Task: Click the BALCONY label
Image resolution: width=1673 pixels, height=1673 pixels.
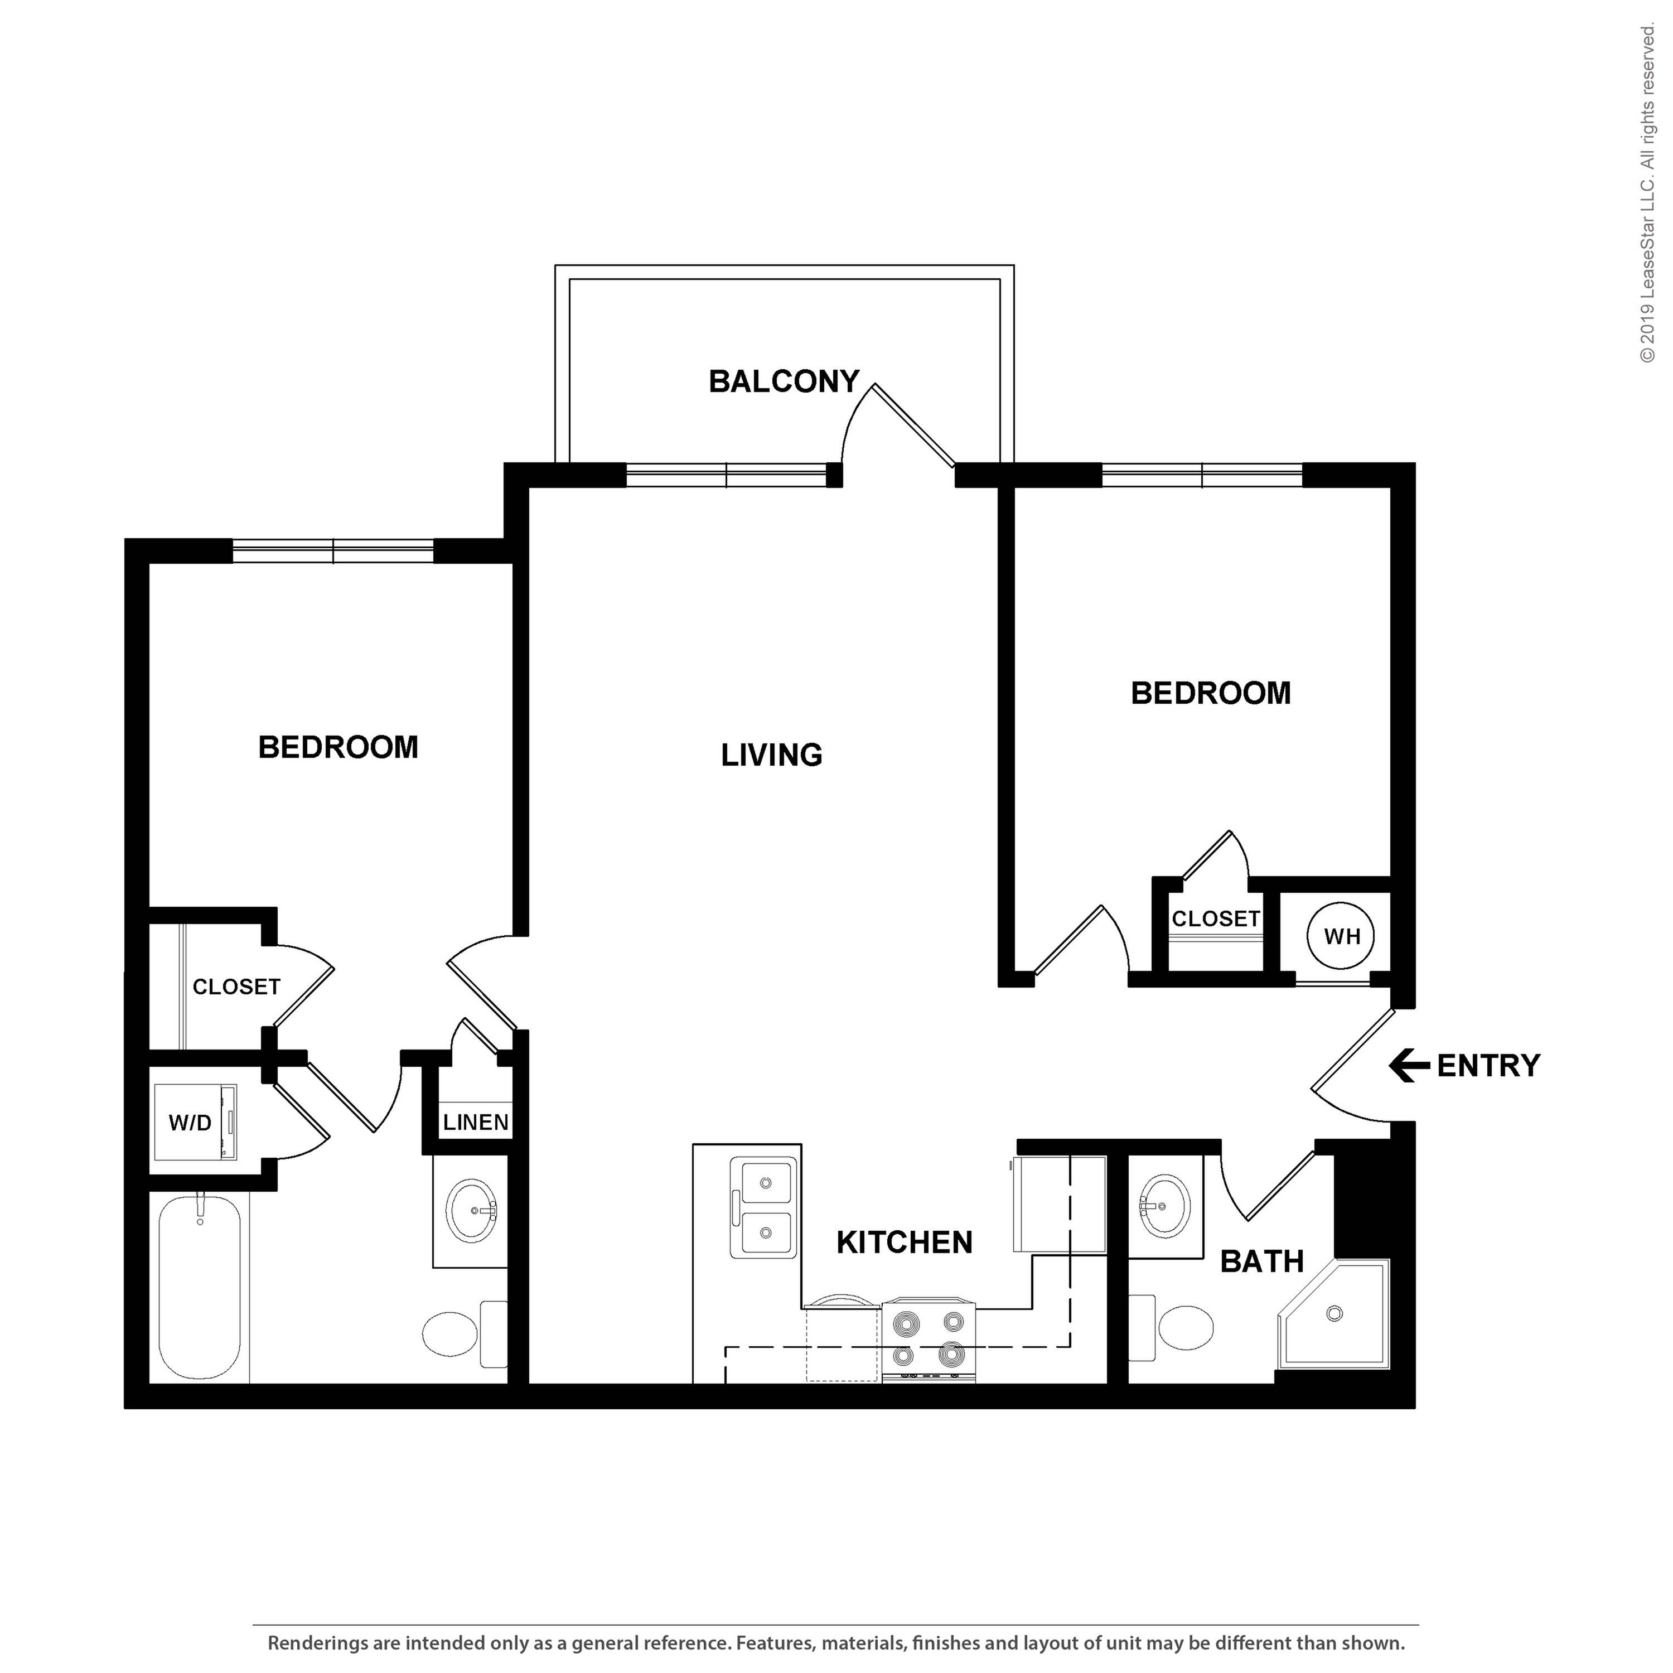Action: pos(784,382)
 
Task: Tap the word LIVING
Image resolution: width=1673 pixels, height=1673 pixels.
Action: pos(772,755)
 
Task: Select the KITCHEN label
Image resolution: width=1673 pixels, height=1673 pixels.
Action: pos(904,1242)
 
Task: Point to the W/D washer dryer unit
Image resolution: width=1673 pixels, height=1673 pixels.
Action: pos(194,1122)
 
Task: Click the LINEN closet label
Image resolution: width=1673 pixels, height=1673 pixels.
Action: pos(475,1122)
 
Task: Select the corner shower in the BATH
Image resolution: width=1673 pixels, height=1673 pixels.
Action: pos(1333,1314)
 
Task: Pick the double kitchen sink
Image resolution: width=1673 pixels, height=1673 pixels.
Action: pos(763,1207)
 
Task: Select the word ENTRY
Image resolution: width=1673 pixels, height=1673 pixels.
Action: pos(1488,1066)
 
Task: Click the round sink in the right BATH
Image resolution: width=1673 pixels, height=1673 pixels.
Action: pos(1165,1206)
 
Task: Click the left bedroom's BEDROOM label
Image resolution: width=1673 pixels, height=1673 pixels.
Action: pos(338,747)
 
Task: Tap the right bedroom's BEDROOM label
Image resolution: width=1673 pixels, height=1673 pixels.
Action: pos(1211,693)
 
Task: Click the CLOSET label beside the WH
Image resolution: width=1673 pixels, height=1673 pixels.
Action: pos(1216,919)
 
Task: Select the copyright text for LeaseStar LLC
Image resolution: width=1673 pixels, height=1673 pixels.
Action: pos(1647,194)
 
